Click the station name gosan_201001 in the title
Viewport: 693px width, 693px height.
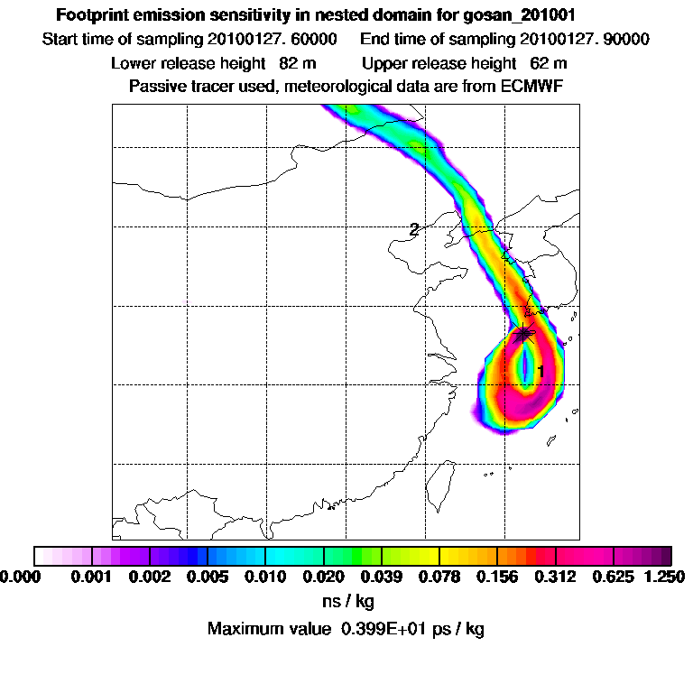tap(522, 15)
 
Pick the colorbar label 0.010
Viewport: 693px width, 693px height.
tap(265, 576)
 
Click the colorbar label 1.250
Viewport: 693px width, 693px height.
tap(662, 576)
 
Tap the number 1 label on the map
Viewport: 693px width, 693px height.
tap(541, 371)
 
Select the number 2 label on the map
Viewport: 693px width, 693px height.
tap(413, 229)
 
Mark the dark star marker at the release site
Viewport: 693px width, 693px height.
tap(524, 336)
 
